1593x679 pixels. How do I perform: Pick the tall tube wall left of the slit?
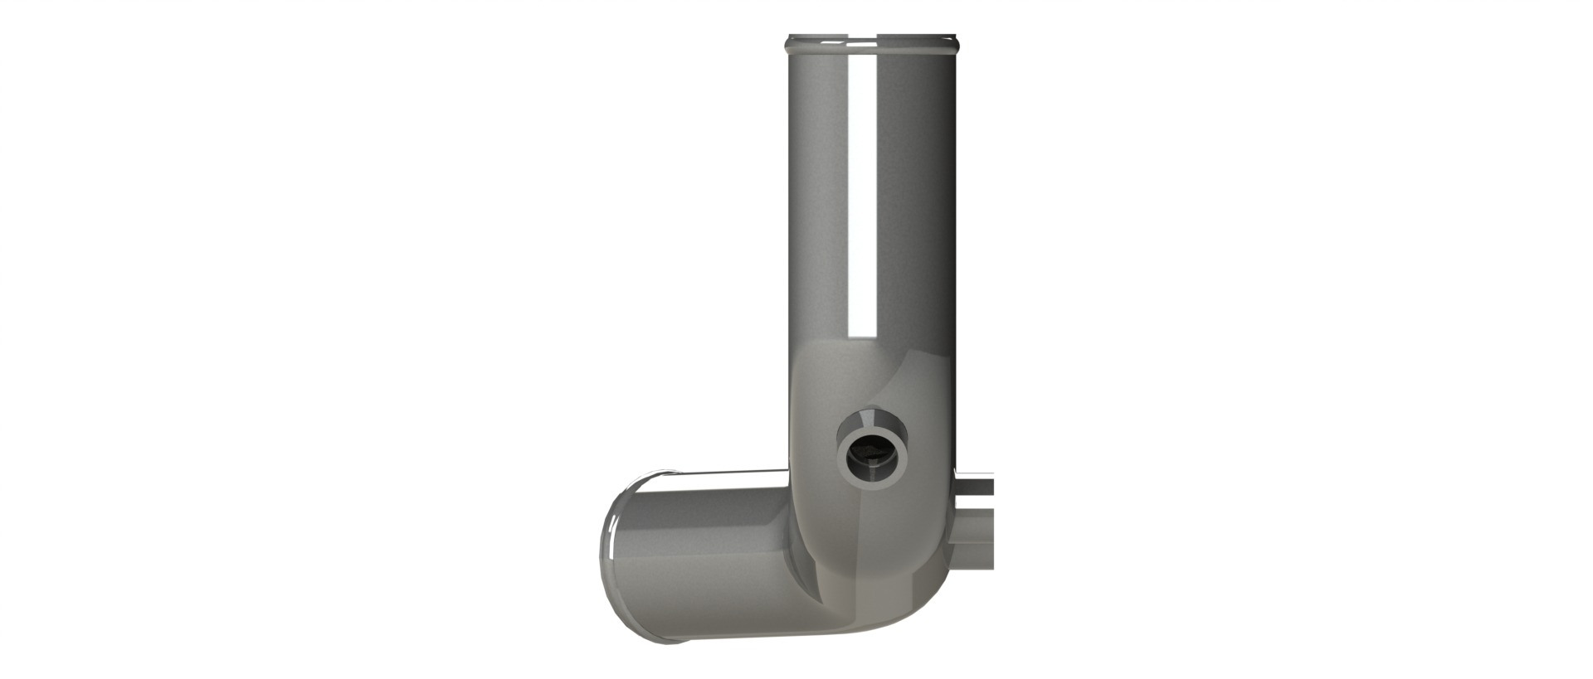pyautogui.click(x=817, y=199)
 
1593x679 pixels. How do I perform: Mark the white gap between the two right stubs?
pyautogui.click(x=977, y=502)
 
